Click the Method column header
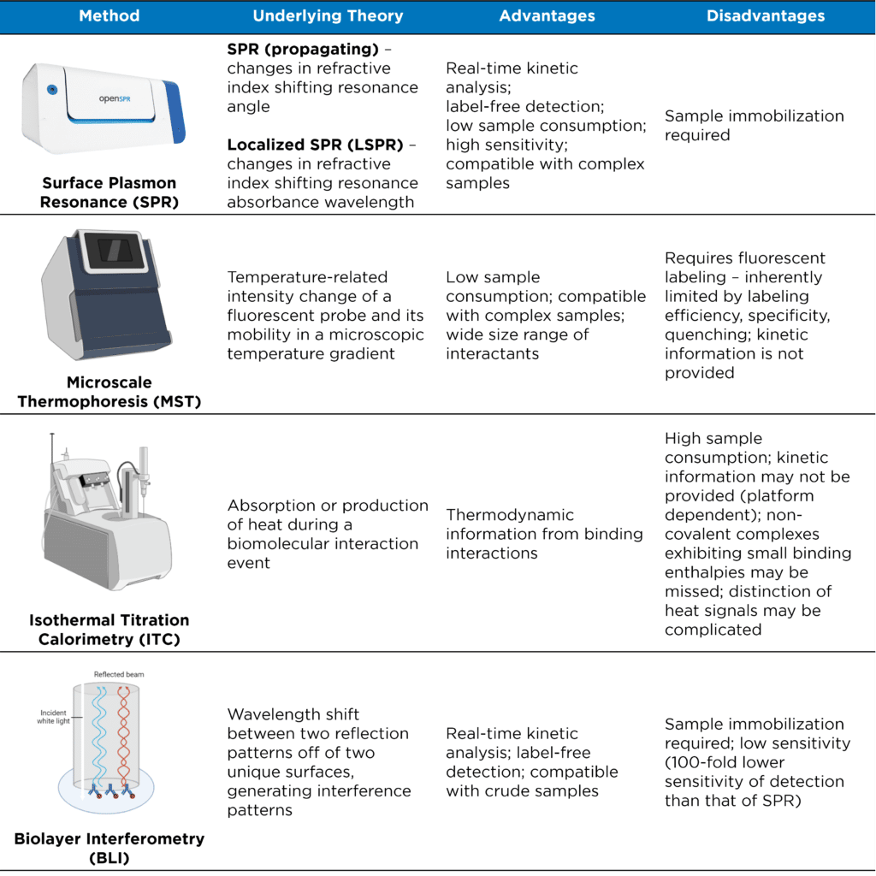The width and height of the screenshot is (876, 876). [109, 16]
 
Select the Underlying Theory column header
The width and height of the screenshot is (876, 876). [328, 16]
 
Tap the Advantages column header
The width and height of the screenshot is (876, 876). [547, 16]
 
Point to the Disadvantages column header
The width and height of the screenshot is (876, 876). [766, 16]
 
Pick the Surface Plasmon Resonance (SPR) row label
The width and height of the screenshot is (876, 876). [109, 192]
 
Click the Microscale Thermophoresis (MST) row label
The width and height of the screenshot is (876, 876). [109, 392]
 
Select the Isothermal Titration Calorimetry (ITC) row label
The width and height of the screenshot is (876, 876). [109, 629]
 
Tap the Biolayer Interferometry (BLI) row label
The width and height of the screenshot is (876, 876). [109, 847]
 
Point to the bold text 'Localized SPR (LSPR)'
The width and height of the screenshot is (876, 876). [314, 145]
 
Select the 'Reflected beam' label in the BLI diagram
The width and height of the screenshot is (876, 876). [118, 674]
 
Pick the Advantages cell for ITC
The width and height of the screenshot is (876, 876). [544, 534]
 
